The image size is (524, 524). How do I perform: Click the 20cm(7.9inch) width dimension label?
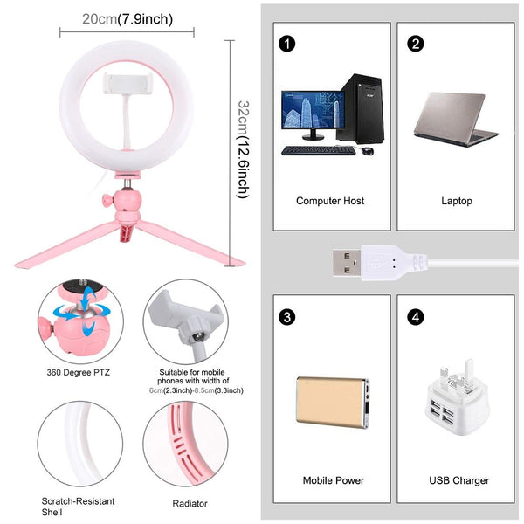click(128, 18)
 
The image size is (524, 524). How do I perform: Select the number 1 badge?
click(285, 43)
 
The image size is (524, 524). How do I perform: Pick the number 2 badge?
click(416, 43)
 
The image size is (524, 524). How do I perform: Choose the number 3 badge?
click(285, 314)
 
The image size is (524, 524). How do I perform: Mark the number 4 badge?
click(416, 314)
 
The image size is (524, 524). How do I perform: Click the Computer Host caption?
click(330, 201)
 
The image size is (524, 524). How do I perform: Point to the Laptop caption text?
click(456, 201)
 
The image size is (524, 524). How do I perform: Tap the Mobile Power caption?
click(333, 480)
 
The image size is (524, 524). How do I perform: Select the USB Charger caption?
click(459, 480)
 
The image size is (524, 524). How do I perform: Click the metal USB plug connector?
click(349, 261)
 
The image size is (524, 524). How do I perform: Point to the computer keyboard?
click(318, 150)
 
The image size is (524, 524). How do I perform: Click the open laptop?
click(454, 119)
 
